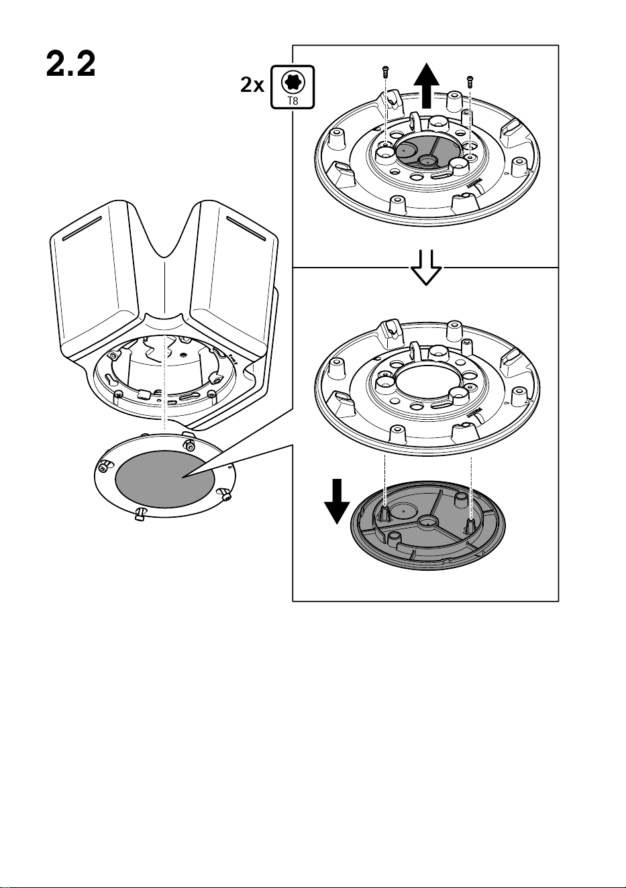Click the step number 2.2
tap(70, 64)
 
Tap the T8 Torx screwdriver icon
tap(293, 87)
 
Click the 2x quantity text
tap(252, 85)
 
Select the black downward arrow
tap(337, 502)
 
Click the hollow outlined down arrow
tap(426, 268)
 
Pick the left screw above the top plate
tap(385, 72)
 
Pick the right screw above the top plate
tap(470, 81)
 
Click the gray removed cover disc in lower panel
tap(428, 527)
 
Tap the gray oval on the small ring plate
tap(165, 478)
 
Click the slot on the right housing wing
tap(246, 227)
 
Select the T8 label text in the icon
tap(293, 101)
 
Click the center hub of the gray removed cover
tap(428, 523)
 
